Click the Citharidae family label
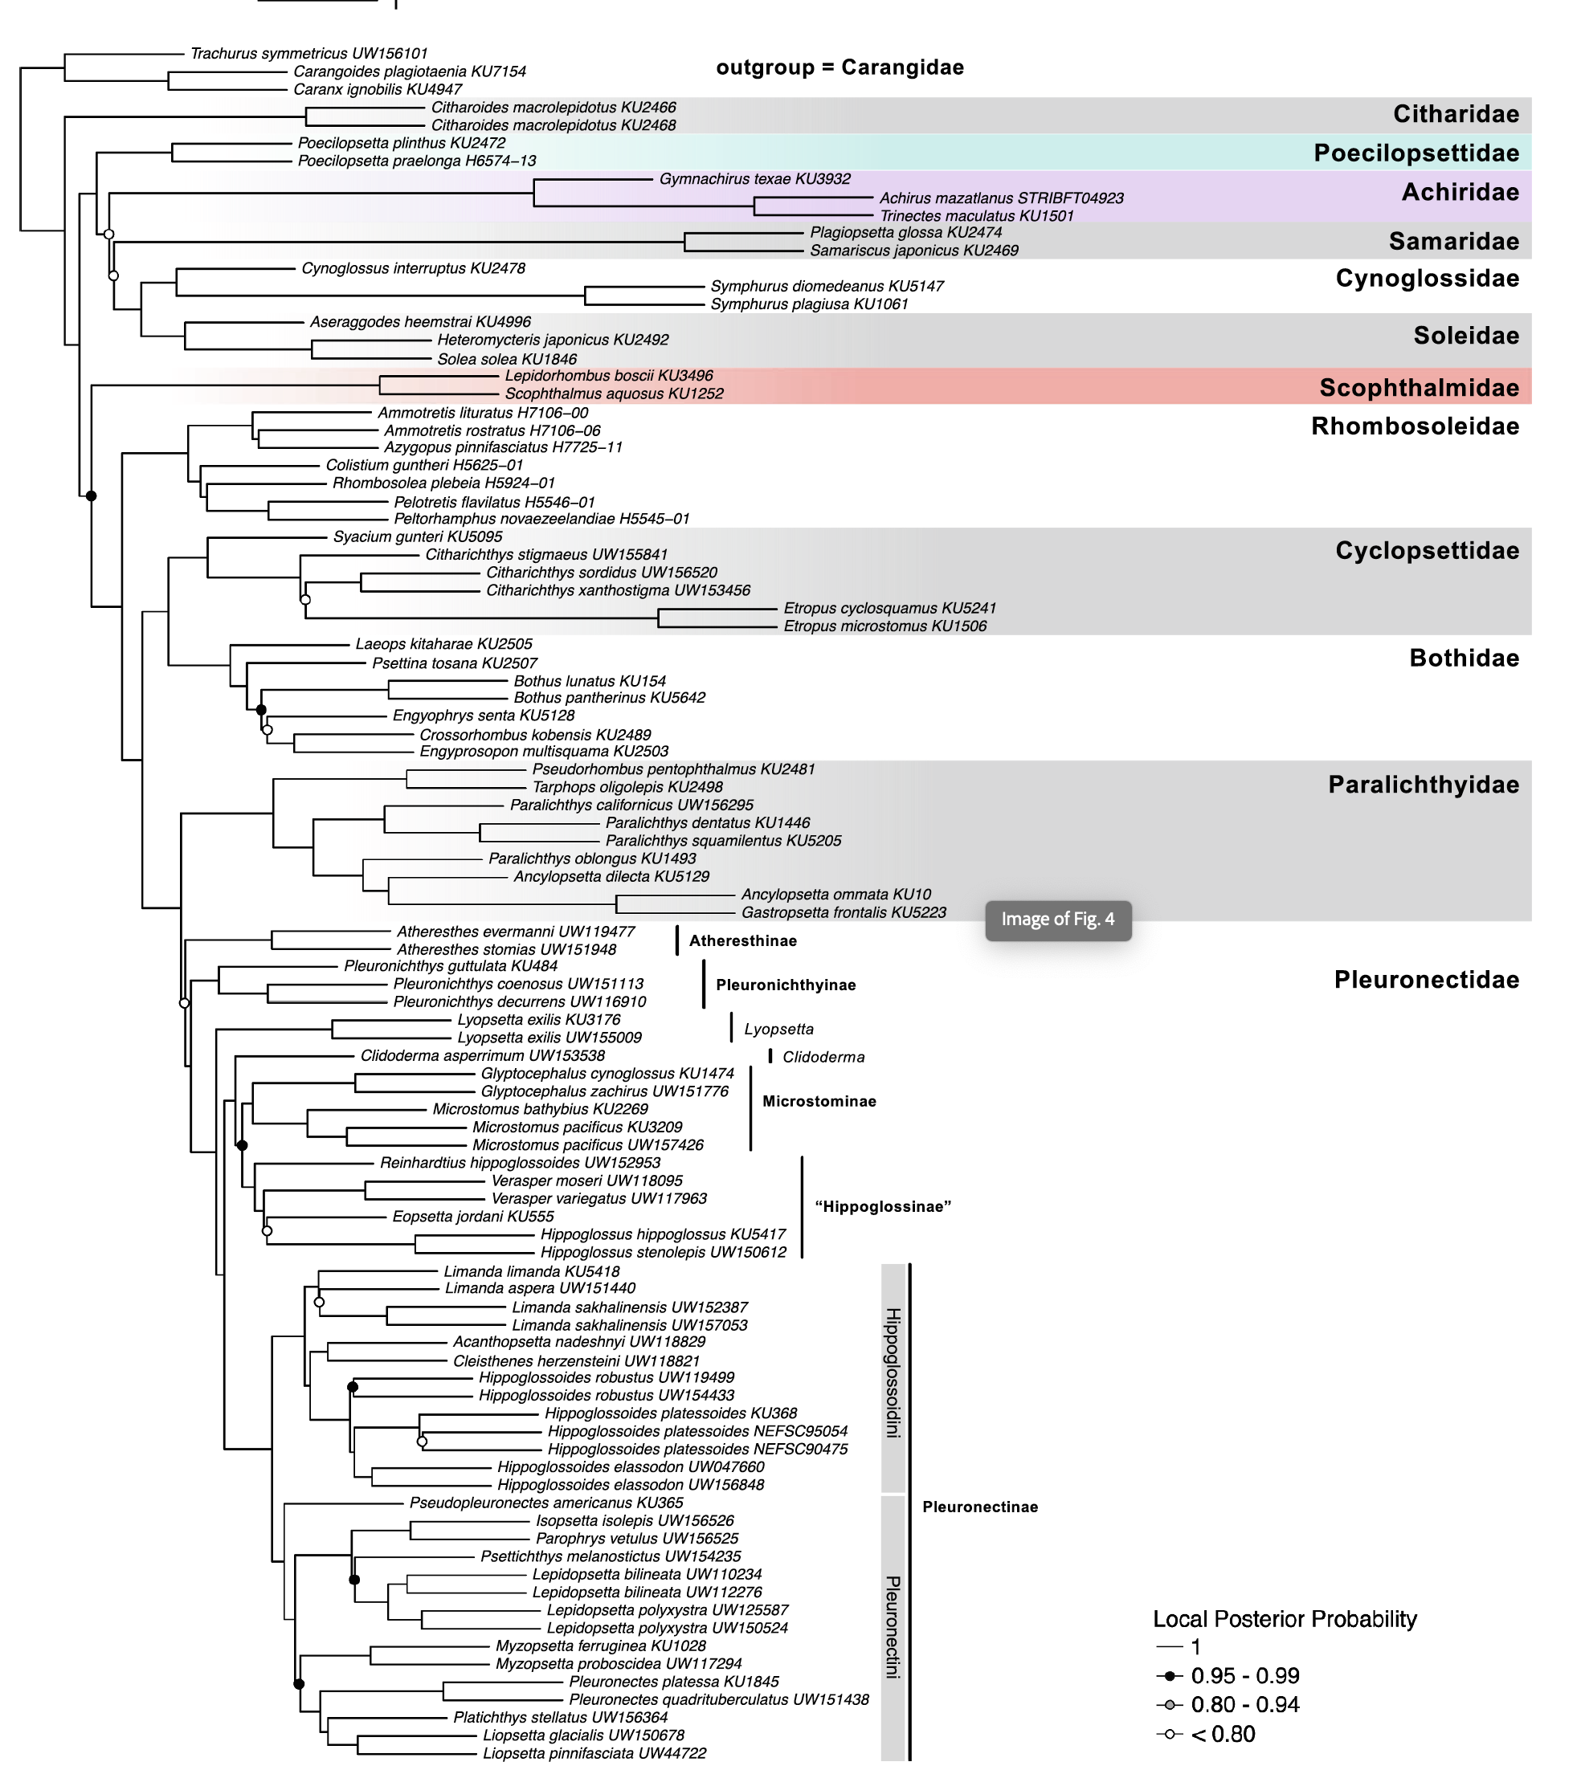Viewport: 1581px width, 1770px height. (1456, 114)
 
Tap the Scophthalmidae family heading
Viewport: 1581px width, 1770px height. (1419, 387)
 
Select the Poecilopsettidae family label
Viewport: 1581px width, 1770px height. (1416, 153)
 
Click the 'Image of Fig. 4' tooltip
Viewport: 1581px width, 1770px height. (1057, 919)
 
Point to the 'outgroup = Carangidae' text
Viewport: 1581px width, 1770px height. (840, 67)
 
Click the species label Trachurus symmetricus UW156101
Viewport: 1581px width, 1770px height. (309, 54)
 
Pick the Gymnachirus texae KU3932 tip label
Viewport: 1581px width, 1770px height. (755, 179)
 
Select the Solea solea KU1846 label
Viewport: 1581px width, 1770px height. (506, 359)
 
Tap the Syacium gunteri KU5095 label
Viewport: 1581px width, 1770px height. (418, 536)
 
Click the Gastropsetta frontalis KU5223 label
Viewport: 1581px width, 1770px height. (844, 913)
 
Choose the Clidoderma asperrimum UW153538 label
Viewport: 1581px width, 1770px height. (483, 1056)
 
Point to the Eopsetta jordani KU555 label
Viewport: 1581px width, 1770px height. (472, 1217)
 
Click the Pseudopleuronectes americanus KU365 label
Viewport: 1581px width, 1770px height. (546, 1503)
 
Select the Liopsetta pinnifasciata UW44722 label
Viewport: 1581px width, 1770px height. (594, 1753)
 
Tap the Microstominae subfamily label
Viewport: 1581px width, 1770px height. (819, 1101)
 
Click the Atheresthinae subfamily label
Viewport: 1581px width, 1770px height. (743, 940)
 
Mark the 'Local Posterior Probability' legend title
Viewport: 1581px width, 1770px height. (1284, 1619)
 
